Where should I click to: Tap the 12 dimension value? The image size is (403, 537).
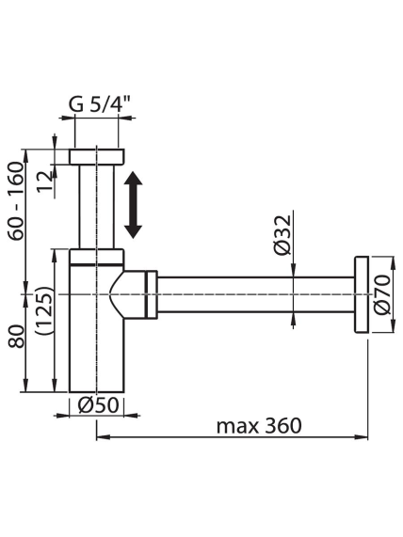(x=46, y=182)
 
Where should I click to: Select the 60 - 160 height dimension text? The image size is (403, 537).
(x=16, y=201)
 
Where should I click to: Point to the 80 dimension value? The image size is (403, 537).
(x=16, y=336)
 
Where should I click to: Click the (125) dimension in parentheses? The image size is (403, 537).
(x=44, y=310)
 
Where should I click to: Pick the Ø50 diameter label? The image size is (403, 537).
(x=98, y=405)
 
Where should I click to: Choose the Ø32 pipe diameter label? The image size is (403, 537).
(x=282, y=235)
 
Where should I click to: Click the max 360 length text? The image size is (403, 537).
(x=259, y=426)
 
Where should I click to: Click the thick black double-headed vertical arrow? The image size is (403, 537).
(x=133, y=205)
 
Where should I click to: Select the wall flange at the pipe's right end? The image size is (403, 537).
(x=362, y=294)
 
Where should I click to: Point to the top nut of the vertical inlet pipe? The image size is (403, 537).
(x=97, y=156)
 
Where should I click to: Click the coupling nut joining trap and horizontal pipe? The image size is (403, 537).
(x=152, y=294)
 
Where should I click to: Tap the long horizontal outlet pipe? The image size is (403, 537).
(x=255, y=294)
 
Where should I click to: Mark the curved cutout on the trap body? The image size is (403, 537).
(x=117, y=294)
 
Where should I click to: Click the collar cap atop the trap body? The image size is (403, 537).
(x=97, y=257)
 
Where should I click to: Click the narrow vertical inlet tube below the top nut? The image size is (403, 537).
(x=97, y=207)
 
